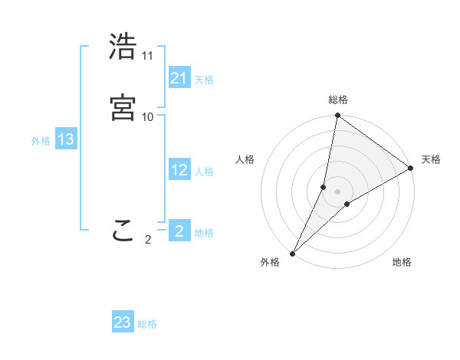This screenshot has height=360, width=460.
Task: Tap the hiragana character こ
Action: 123,231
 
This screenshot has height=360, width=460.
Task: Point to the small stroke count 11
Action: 148,56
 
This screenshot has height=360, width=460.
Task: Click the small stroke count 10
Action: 148,116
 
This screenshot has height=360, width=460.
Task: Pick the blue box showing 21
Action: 179,78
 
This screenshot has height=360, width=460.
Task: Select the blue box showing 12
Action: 179,171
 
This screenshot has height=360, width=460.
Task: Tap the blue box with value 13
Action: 66,140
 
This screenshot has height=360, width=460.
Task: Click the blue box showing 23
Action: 123,322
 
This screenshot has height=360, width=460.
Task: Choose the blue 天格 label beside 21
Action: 204,80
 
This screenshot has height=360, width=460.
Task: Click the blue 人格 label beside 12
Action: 204,172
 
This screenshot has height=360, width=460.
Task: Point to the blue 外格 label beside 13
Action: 41,141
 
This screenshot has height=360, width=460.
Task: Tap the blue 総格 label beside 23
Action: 147,324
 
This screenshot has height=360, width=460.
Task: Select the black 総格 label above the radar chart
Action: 337,100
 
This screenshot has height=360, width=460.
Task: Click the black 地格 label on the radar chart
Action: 402,263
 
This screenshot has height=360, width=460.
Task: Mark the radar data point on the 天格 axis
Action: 411,168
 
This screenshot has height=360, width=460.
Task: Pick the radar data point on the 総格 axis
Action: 337,116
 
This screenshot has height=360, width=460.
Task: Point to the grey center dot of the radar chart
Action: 337,191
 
